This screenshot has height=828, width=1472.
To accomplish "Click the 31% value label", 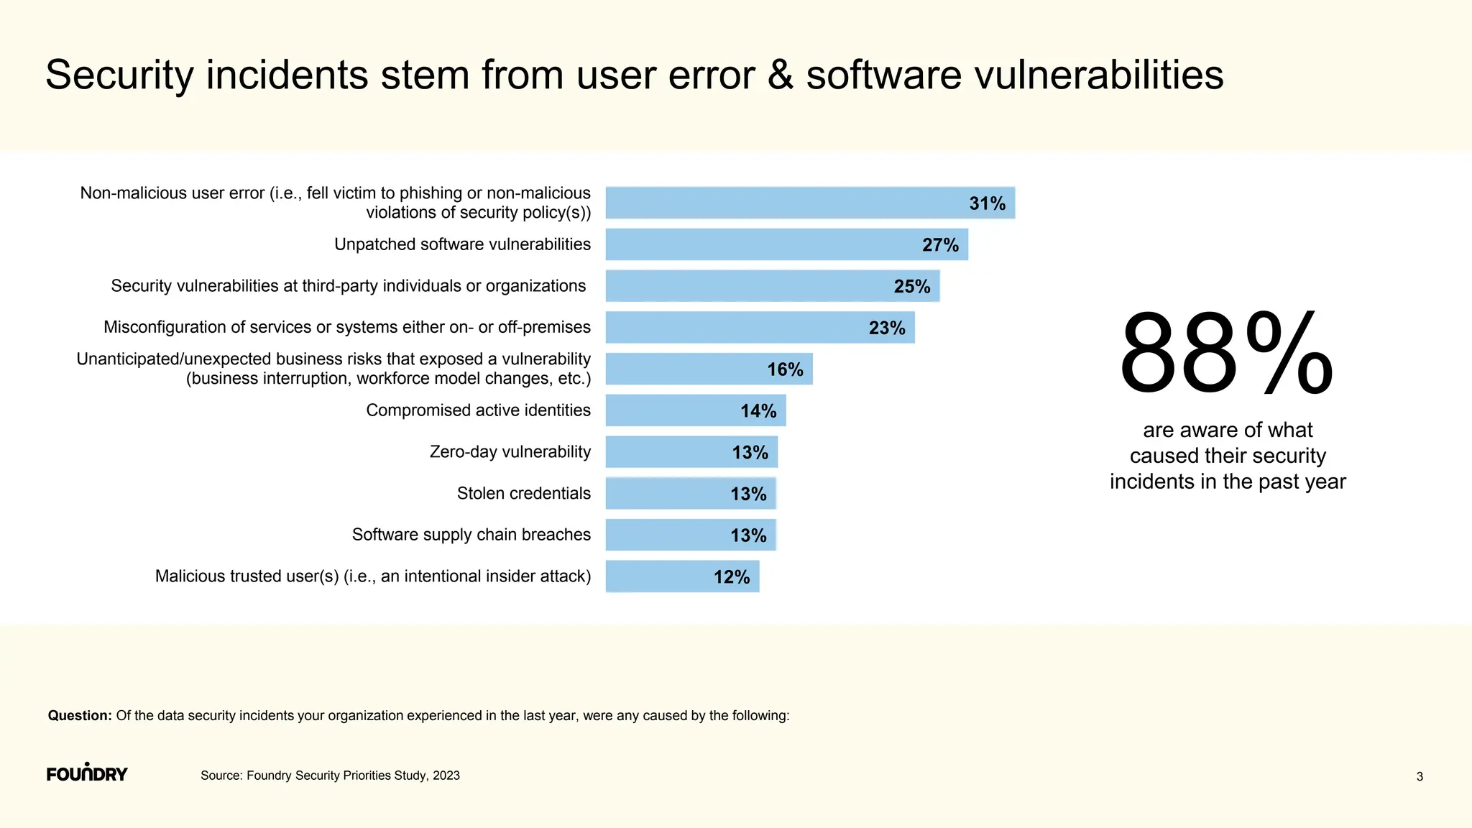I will (987, 203).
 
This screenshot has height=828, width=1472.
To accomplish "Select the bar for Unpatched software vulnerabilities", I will (762, 244).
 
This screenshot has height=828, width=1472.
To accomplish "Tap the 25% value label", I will (911, 286).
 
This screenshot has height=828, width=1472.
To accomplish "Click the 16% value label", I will (784, 369).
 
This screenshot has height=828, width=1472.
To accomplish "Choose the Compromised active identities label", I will (478, 410).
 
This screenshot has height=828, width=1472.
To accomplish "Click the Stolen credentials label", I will (523, 493).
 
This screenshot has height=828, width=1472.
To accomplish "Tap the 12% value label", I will (731, 576).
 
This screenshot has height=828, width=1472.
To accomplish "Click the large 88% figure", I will (1225, 354).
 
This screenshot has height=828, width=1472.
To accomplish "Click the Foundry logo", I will (87, 773).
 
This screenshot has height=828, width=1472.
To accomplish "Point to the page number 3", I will (1419, 776).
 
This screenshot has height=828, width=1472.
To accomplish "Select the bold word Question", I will (79, 715).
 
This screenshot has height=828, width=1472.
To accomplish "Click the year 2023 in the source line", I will (446, 776).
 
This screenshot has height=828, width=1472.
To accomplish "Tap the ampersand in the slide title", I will (780, 75).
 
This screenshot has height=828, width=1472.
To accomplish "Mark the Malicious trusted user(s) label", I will (372, 576).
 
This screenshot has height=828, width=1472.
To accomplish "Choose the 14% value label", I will (758, 411).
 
